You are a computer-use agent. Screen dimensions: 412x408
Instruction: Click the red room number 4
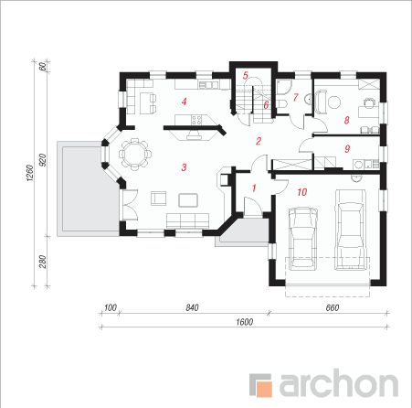click(184, 102)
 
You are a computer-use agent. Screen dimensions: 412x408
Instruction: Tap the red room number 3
click(184, 167)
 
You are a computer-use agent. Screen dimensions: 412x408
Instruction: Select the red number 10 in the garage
click(301, 192)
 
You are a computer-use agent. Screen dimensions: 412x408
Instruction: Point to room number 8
click(346, 120)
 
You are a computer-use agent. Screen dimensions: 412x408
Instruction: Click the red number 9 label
click(347, 149)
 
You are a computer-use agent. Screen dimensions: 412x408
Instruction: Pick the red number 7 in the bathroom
click(295, 97)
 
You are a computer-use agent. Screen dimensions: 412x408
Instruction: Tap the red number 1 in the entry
click(254, 188)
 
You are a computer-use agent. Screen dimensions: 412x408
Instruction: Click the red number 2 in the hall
click(259, 141)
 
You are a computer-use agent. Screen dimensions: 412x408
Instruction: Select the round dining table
click(135, 154)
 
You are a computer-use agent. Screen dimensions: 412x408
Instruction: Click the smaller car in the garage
click(303, 239)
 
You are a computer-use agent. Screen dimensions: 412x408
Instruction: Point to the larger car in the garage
click(351, 230)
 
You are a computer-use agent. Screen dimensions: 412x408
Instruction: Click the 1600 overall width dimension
click(245, 322)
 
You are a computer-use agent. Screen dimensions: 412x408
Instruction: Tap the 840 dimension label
click(192, 307)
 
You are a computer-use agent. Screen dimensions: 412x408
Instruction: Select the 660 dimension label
click(333, 307)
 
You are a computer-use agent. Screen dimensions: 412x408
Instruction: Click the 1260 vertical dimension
click(29, 173)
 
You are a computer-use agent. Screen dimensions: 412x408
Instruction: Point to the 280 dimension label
click(43, 262)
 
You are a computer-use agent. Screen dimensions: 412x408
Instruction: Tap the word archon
click(339, 382)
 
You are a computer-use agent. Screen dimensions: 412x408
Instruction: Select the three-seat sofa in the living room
click(187, 220)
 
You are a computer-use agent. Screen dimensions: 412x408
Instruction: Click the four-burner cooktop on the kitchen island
click(196, 120)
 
